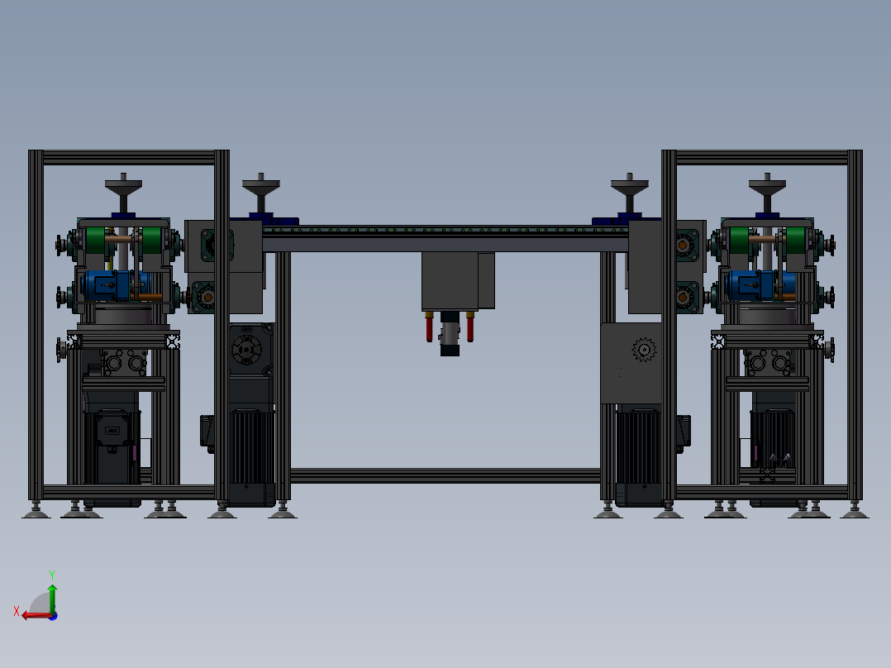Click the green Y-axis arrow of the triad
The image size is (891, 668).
coord(51,597)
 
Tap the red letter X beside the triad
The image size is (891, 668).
coord(17,611)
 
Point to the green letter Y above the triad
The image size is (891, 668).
coord(51,573)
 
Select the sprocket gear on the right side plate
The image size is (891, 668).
coord(642,350)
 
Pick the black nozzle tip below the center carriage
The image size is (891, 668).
coord(449,351)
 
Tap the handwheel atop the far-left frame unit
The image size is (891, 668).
coord(123,183)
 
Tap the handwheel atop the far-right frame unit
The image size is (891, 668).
coord(767,183)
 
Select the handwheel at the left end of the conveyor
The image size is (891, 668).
coord(261,183)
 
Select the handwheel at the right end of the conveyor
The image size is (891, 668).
coord(629,183)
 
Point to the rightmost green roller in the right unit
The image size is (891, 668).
coord(795,242)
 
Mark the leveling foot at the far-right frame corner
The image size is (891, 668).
coord(855,513)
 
